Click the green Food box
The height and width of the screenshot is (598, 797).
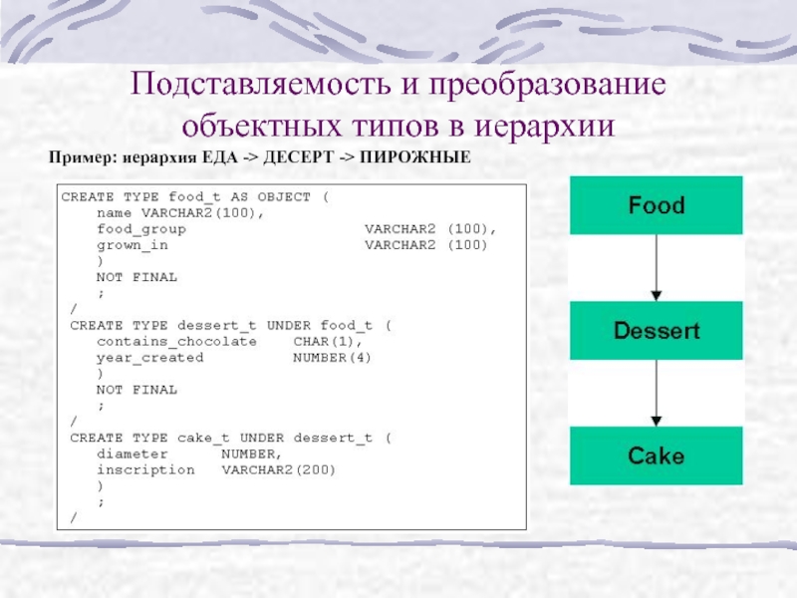coord(656,206)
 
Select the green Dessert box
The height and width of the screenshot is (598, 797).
coord(656,331)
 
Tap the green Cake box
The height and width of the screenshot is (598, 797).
coord(656,456)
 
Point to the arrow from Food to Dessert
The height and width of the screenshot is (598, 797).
coord(656,268)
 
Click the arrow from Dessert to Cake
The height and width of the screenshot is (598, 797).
coord(656,394)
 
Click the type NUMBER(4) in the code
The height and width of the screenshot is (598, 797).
coord(333,357)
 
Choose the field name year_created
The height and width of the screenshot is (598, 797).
coord(149,357)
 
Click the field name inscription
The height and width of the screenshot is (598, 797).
coord(145,469)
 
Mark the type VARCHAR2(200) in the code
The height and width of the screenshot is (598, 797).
coord(279,469)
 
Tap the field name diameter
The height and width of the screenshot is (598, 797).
coord(132,453)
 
